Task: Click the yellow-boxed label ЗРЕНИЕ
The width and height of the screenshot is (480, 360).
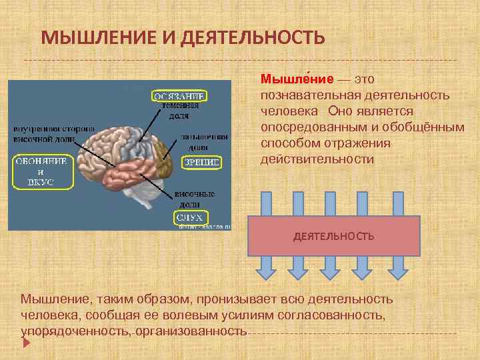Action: point(202,161)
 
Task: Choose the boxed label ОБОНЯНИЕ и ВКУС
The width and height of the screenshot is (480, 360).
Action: point(40,171)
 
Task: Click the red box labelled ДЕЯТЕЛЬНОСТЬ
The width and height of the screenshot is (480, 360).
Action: point(334,236)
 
